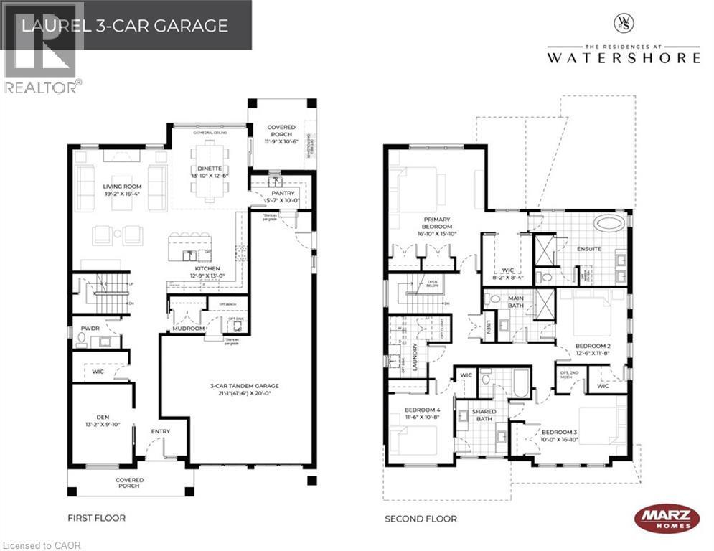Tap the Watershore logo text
[622, 57]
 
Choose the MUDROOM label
[188, 329]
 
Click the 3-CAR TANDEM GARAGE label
[243, 386]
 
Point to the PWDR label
[90, 328]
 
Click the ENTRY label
[160, 431]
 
